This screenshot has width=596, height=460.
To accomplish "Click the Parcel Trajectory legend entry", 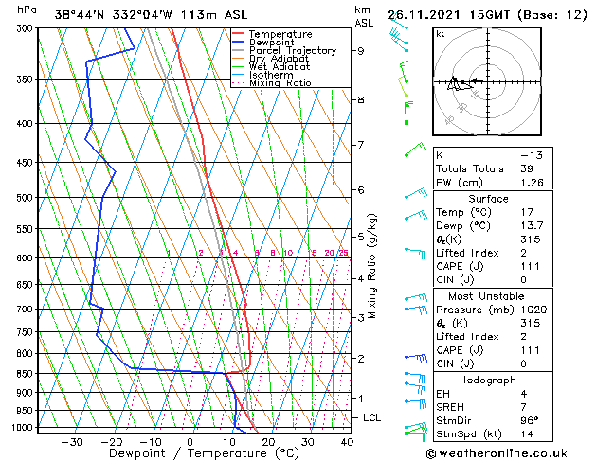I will point(293,50).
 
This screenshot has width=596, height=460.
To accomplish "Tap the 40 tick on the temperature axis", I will point(346,441).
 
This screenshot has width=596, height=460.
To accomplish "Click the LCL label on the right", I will point(372,417).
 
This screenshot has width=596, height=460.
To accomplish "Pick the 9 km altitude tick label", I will point(360,51).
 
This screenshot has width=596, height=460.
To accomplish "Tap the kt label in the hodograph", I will point(441,34).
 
